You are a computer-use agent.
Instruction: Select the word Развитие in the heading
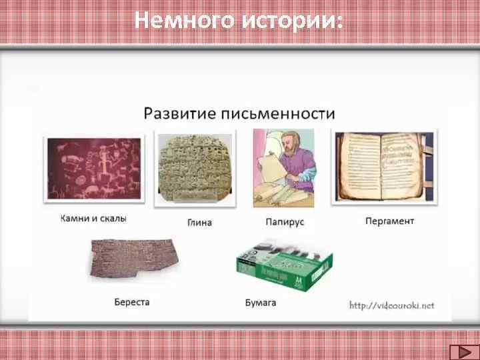(179, 112)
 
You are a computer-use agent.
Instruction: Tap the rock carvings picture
(93, 170)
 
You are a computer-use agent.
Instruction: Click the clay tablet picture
(195, 170)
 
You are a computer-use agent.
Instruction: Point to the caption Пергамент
(390, 221)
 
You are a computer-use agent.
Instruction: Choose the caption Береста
(132, 302)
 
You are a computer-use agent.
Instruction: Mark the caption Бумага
(261, 303)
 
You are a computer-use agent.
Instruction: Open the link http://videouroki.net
(392, 305)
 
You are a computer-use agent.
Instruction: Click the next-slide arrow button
(459, 351)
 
